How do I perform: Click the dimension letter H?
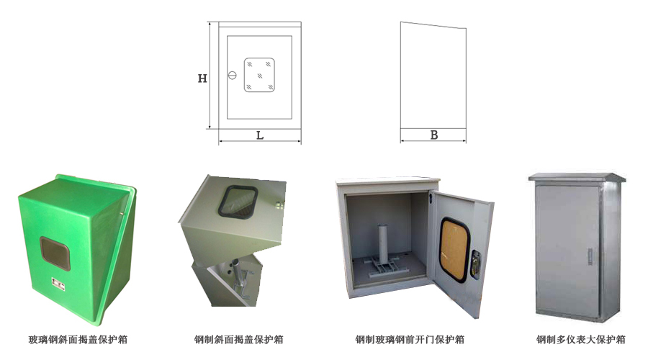202,78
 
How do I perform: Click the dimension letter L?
260,135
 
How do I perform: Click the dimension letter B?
434,135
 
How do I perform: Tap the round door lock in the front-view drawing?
233,76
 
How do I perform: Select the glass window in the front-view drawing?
259,75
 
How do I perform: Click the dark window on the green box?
55,253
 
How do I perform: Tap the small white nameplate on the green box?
58,284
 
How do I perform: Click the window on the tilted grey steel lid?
238,202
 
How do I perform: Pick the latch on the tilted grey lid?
280,204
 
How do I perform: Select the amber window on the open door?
454,250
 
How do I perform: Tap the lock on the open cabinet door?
476,264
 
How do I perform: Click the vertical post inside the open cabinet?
383,243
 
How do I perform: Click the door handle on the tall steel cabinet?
590,256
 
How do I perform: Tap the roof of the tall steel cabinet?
577,178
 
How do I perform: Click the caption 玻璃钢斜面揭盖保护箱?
78,340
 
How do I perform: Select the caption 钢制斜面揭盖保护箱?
239,340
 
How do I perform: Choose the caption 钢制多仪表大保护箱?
580,340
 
